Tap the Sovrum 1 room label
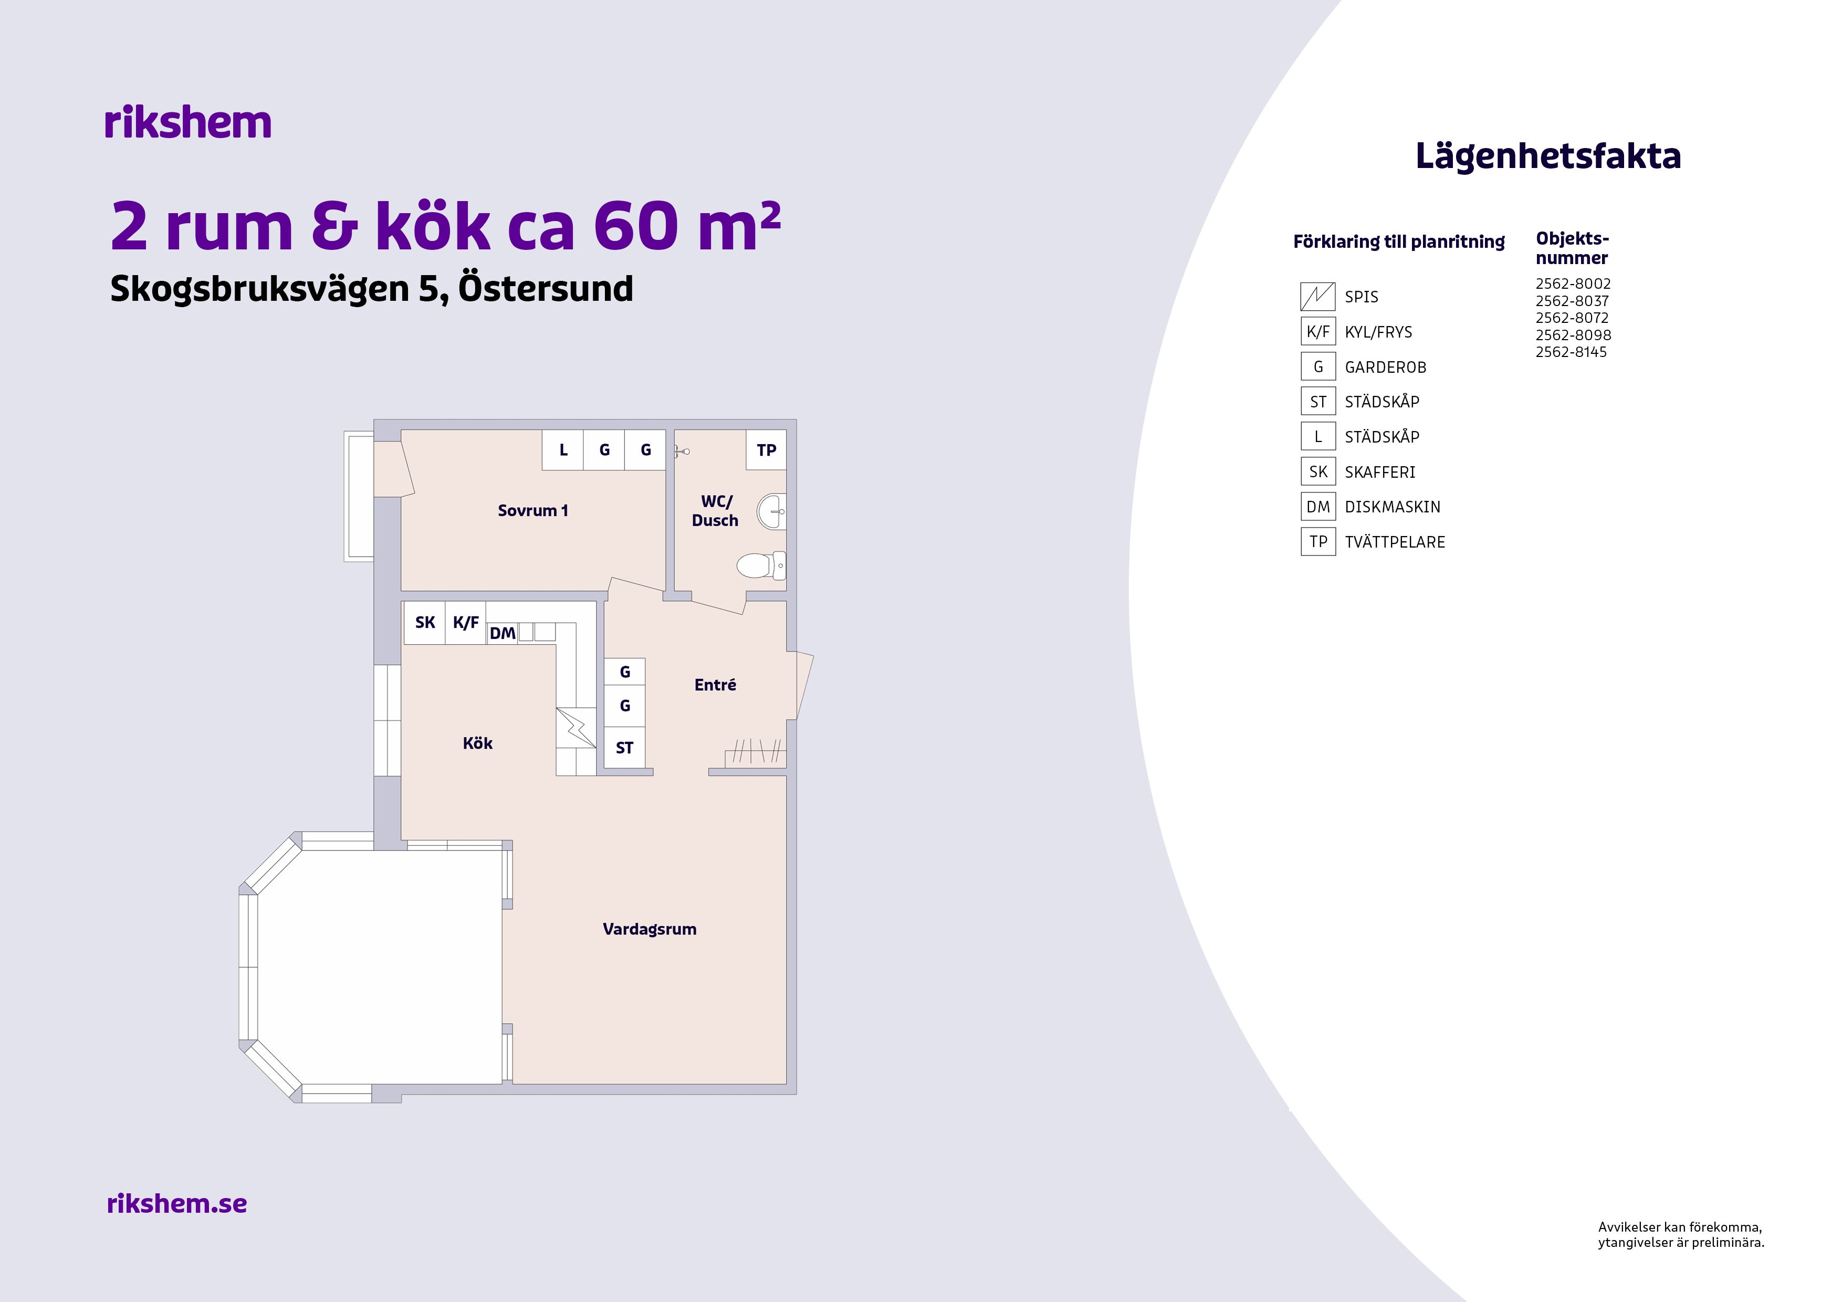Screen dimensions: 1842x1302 pos(533,510)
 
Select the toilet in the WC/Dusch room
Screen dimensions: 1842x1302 pos(760,565)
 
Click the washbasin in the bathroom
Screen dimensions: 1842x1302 pos(771,511)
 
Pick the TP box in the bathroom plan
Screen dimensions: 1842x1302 pos(766,450)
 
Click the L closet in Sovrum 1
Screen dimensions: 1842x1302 pos(563,450)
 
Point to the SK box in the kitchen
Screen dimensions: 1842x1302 pos(424,623)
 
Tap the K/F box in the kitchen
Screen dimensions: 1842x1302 pos(465,623)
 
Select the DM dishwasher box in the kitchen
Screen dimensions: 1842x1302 pos(502,633)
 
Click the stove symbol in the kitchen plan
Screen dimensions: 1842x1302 pos(576,728)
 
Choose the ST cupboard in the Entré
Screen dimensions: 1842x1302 pos(624,748)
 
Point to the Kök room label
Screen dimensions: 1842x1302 pos(477,743)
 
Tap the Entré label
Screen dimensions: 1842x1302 pos(715,684)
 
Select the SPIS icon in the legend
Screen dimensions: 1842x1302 pos(1317,297)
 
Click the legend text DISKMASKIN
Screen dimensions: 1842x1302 pos(1393,507)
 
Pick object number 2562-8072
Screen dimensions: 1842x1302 pos(1572,318)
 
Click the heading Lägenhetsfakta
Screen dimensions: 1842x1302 pos(1547,155)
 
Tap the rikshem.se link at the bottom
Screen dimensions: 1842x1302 pos(176,1203)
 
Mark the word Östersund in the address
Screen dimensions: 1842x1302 pos(546,289)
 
